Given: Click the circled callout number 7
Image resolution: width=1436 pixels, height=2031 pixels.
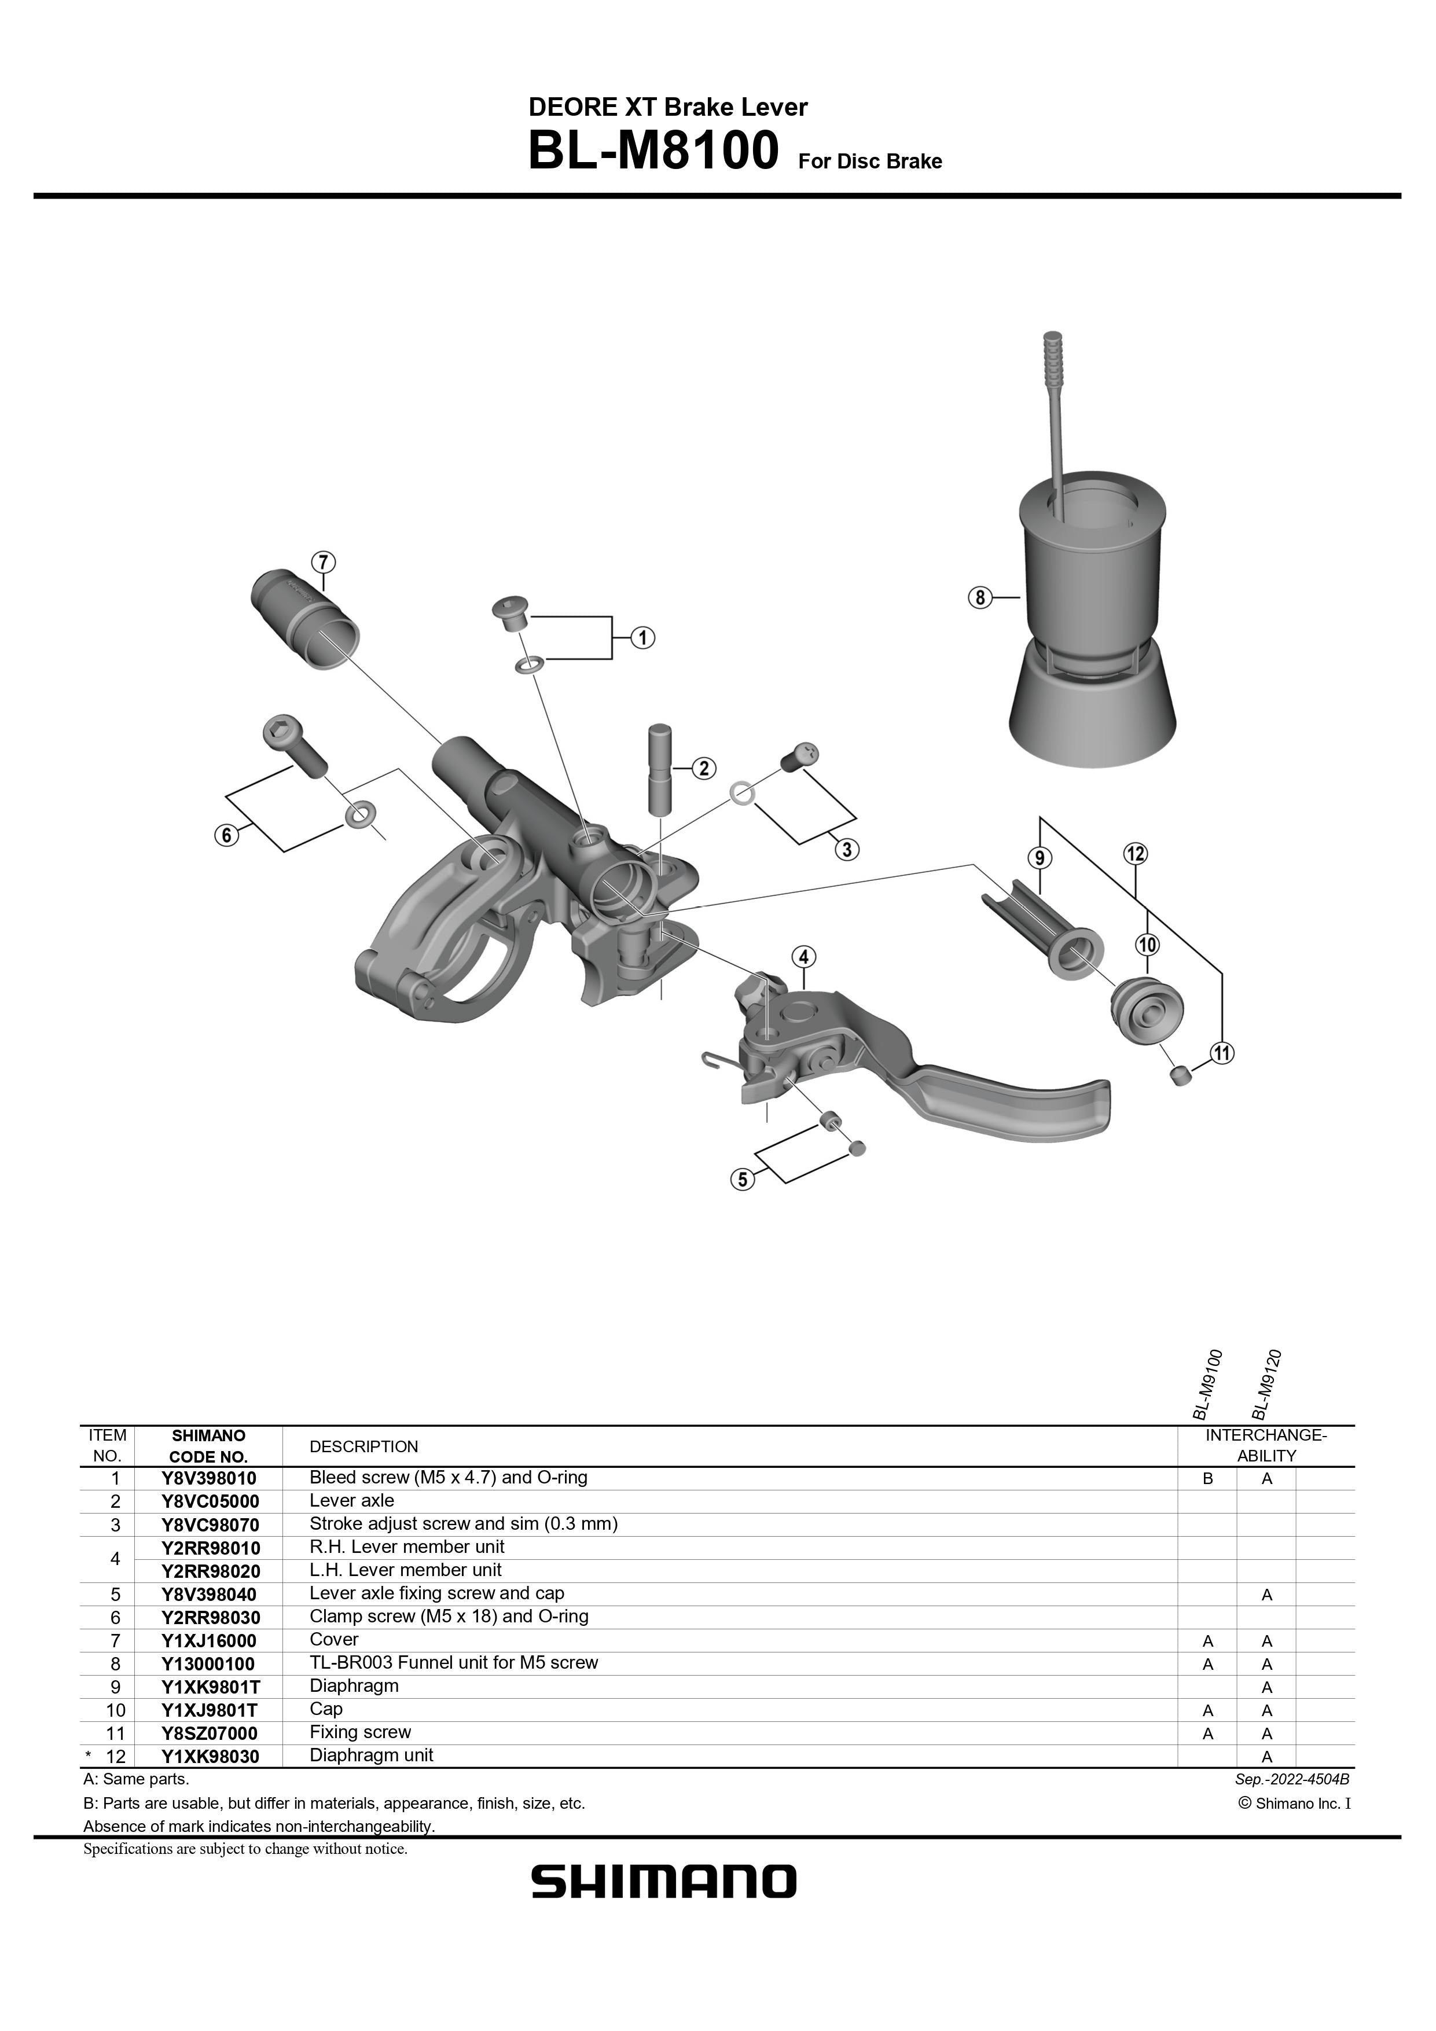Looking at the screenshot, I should click(323, 561).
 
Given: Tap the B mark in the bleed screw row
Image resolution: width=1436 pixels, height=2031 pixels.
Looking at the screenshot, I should click(1208, 1479).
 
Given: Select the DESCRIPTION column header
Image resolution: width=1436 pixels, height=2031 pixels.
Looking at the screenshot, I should click(363, 1446).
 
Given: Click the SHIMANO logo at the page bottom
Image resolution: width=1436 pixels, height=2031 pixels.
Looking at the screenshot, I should click(663, 1882).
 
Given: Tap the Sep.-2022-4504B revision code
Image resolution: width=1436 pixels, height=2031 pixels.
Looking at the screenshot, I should click(1292, 1780).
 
